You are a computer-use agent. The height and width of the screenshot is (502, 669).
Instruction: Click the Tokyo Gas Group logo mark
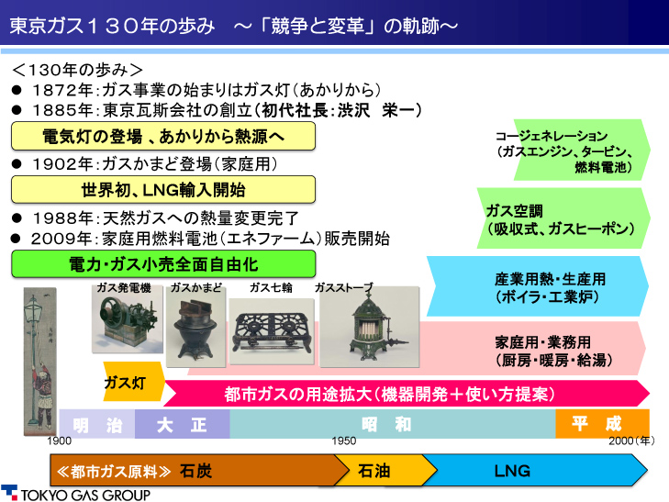click(x=9, y=492)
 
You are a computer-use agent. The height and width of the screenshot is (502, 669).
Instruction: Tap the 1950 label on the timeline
click(x=344, y=441)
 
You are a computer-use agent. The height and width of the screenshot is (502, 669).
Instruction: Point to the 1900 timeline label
click(x=60, y=441)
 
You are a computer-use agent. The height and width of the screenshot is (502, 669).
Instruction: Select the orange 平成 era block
click(x=602, y=423)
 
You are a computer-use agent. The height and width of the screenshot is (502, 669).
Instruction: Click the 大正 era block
click(x=183, y=424)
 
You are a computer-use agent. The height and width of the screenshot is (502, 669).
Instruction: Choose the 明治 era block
click(x=97, y=424)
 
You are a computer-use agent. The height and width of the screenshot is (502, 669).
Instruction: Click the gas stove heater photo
click(x=370, y=327)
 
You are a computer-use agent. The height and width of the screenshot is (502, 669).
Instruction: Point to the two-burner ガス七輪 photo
click(x=272, y=331)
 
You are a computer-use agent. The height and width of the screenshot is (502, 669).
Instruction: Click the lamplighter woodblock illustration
click(x=39, y=362)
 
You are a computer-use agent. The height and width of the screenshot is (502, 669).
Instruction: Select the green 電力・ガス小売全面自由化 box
click(x=163, y=264)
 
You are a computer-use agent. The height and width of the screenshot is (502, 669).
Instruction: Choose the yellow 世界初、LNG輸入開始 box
click(x=163, y=189)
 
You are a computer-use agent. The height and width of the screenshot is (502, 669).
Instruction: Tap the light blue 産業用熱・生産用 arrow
click(x=538, y=286)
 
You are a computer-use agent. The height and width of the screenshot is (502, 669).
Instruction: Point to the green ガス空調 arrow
click(x=563, y=218)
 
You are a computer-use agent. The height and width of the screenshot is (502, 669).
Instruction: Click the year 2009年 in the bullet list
click(x=61, y=239)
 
